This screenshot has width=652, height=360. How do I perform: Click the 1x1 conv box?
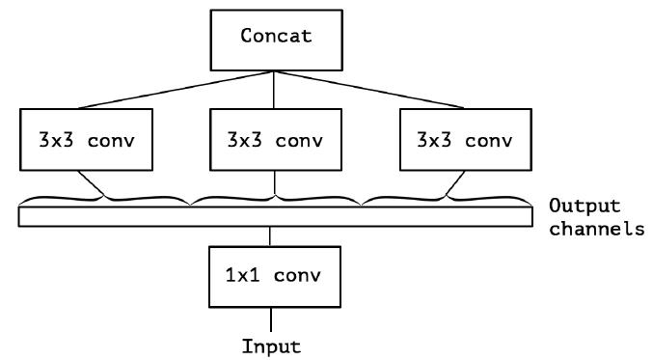[x=269, y=275]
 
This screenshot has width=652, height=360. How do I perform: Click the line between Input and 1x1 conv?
[x=269, y=318]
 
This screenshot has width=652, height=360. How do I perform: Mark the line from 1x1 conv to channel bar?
[x=269, y=236]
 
